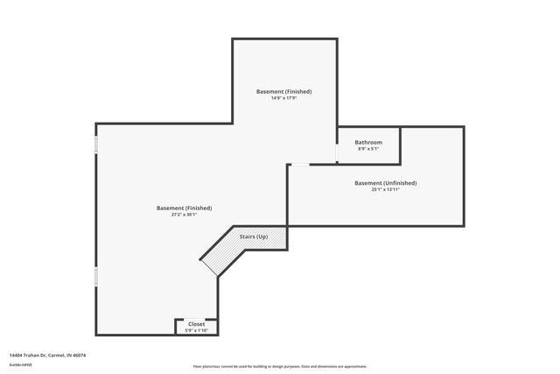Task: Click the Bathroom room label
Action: coord(368,142)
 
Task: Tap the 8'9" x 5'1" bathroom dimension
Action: coord(368,149)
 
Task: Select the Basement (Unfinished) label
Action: coord(385,183)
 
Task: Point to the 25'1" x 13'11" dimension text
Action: coord(385,190)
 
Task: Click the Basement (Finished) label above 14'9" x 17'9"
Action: coord(283,91)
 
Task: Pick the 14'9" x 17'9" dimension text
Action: coord(283,98)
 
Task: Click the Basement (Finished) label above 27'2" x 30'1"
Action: coord(184,208)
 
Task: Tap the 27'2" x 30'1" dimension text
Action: coord(184,215)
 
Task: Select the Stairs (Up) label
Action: coord(254,236)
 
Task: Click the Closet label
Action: coord(196,324)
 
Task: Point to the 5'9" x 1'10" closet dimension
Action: coord(196,330)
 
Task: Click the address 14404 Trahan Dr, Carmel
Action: coord(40,355)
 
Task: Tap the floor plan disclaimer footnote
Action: coord(280,365)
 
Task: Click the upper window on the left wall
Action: coord(95,144)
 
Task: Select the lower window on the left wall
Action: coord(95,278)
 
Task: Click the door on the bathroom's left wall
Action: coord(338,152)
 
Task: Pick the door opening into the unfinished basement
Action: coord(299,164)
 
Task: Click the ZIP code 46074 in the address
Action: coord(80,355)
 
